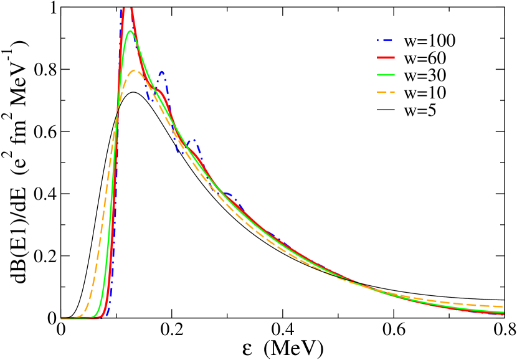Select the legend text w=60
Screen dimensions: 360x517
[425, 59]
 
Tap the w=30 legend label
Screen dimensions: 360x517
[425, 76]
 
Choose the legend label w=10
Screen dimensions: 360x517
[425, 93]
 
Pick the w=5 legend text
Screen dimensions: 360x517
[420, 111]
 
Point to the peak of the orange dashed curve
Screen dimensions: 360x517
[135, 70]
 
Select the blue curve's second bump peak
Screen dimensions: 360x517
[161, 72]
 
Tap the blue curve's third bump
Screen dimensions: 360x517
[194, 140]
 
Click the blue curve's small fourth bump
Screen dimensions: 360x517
[228, 194]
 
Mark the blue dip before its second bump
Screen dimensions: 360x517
[149, 100]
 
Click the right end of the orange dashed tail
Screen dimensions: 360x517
[502, 306]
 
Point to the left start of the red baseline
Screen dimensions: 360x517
[62, 318]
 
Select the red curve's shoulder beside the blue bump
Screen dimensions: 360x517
[161, 92]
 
